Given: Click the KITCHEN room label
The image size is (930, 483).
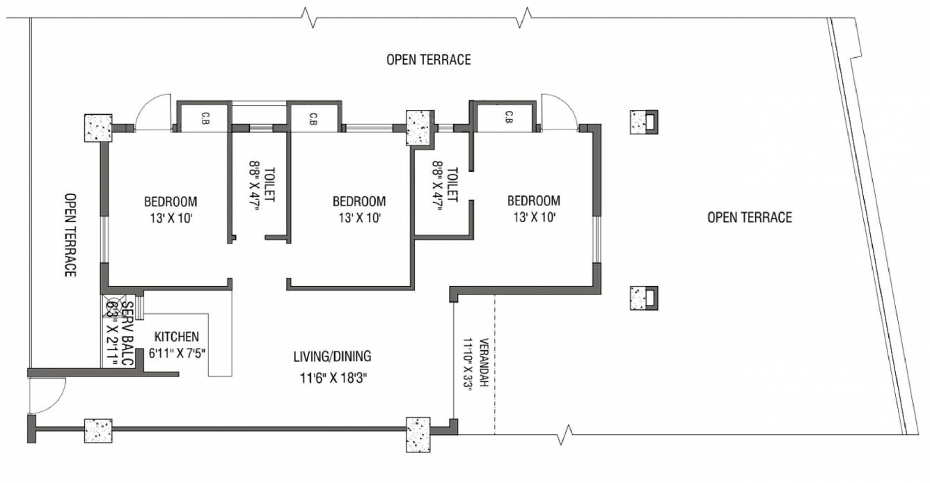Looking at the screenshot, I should pos(176,336).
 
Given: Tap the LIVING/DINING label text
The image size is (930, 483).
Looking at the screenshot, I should pos(332,356).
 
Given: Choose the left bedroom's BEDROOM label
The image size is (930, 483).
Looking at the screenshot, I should pos(171,202).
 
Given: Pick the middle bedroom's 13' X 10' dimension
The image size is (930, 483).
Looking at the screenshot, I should pos(359,217).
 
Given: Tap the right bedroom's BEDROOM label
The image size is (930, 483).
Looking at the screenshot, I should pos(534,200).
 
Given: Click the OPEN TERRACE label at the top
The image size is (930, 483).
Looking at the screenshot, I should pos(429,60).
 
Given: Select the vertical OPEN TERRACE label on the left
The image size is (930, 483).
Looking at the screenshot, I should pos(70,235).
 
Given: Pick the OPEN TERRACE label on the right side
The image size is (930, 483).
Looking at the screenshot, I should pos(749,217).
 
